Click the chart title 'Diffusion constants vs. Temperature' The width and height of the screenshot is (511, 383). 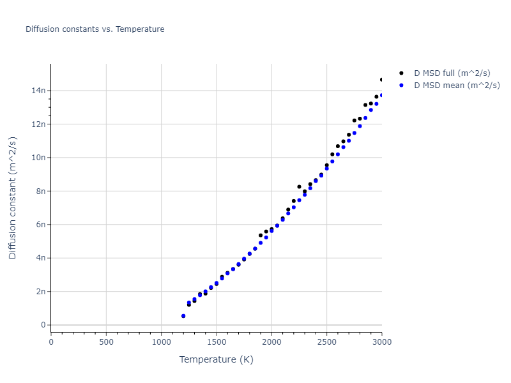coord(95,29)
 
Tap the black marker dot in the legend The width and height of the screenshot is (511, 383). coord(401,73)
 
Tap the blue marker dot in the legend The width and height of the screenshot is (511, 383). coord(401,85)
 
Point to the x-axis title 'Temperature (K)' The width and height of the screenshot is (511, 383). coord(216,359)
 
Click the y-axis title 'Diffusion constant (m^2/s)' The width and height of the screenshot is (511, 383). coord(13,197)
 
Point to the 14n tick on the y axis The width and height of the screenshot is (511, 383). coord(38,91)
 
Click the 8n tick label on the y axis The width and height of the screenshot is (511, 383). coord(40,191)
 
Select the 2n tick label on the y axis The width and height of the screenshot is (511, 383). coord(40,292)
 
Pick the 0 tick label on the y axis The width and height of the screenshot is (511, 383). coord(43,325)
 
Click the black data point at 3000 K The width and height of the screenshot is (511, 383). coord(382,80)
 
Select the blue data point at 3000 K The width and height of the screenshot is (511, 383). coord(382,95)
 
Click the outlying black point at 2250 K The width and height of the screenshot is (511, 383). coord(299,187)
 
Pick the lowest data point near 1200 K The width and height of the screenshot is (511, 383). coord(183,316)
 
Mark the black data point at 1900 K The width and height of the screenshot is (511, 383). coord(261,235)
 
